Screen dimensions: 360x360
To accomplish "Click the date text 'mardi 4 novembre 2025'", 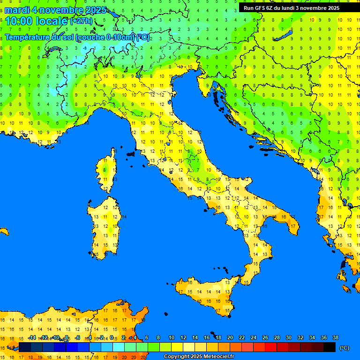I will tap(55, 10).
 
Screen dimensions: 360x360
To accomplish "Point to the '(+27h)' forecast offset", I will tap(81, 21).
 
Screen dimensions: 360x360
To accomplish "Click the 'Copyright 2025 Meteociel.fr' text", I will tap(199, 356).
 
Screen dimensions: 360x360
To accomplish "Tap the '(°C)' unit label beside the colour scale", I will tap(344, 348).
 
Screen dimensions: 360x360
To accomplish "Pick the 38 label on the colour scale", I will tap(335, 337).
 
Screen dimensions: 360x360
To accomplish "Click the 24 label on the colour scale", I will tap(253, 337).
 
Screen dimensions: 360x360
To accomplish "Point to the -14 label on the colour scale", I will tap(32, 337).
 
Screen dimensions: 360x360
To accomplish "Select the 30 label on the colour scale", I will tap(288, 337).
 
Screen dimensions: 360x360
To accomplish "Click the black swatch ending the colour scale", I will tap(330, 347).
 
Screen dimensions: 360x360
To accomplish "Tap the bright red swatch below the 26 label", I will tap(271, 347).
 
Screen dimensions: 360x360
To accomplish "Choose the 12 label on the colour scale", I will tap(183, 337).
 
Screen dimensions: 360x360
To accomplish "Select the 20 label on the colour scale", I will tap(230, 337).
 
